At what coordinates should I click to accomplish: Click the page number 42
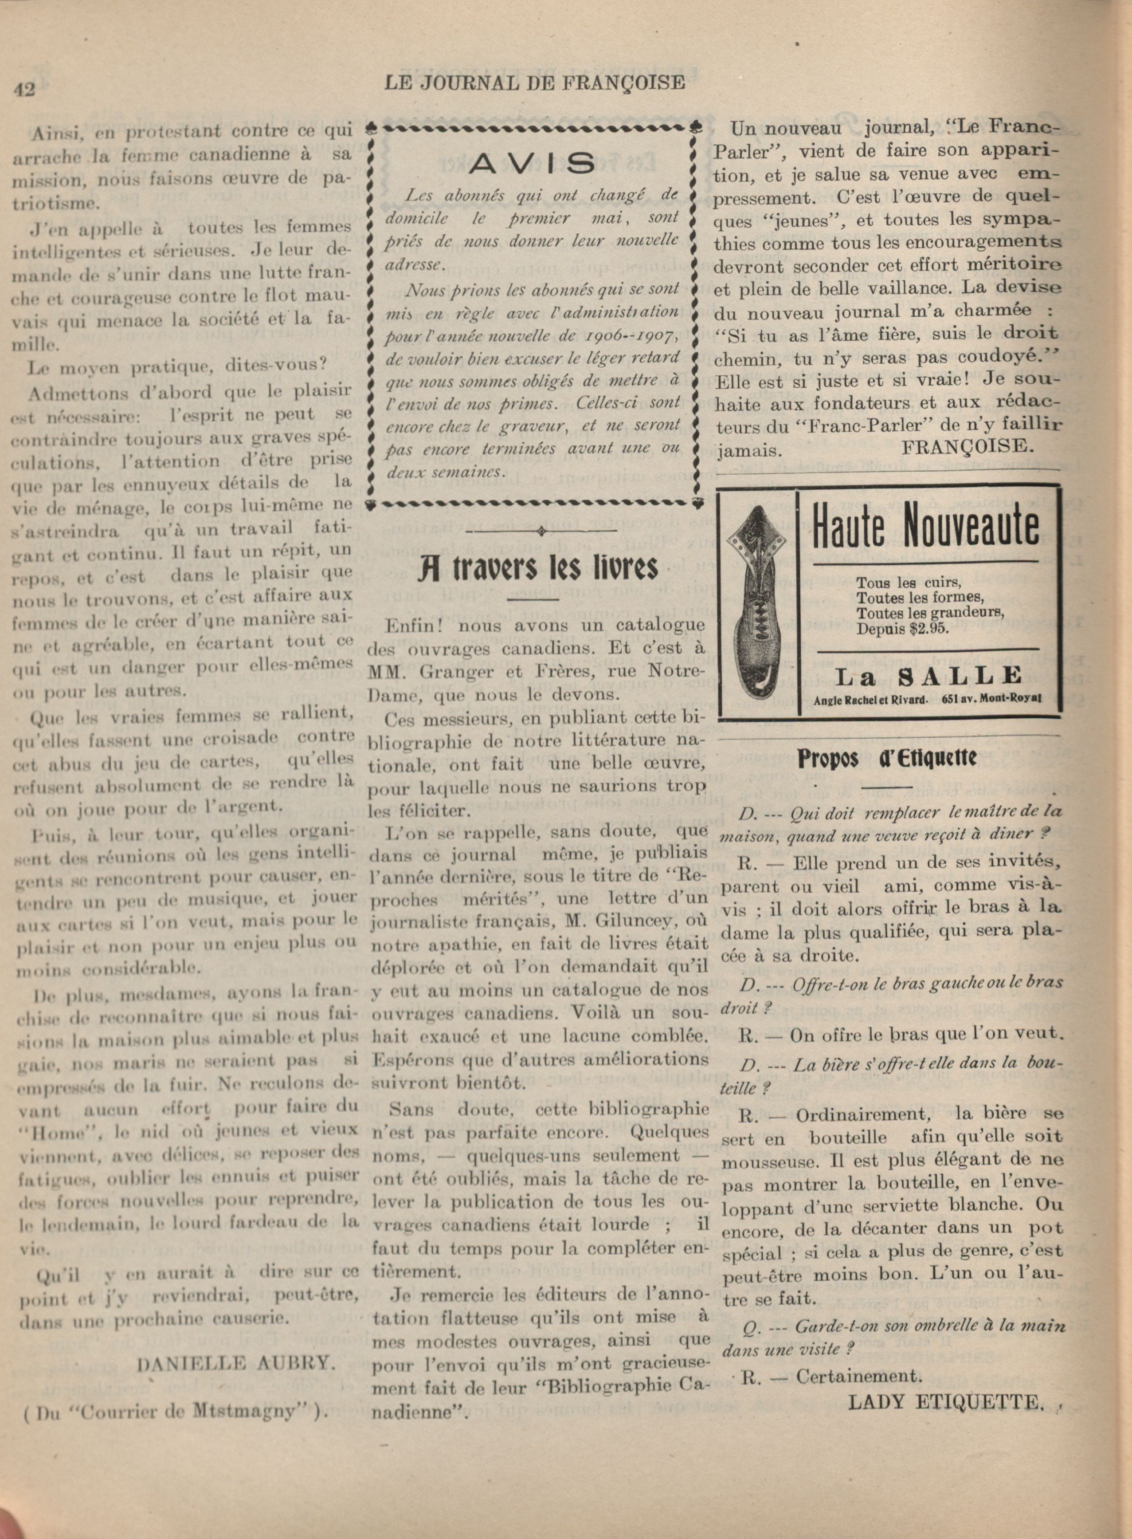(24, 90)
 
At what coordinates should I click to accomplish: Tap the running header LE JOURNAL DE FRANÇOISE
(534, 83)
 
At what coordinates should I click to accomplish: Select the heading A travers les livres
(538, 567)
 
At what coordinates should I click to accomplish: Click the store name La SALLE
(928, 676)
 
